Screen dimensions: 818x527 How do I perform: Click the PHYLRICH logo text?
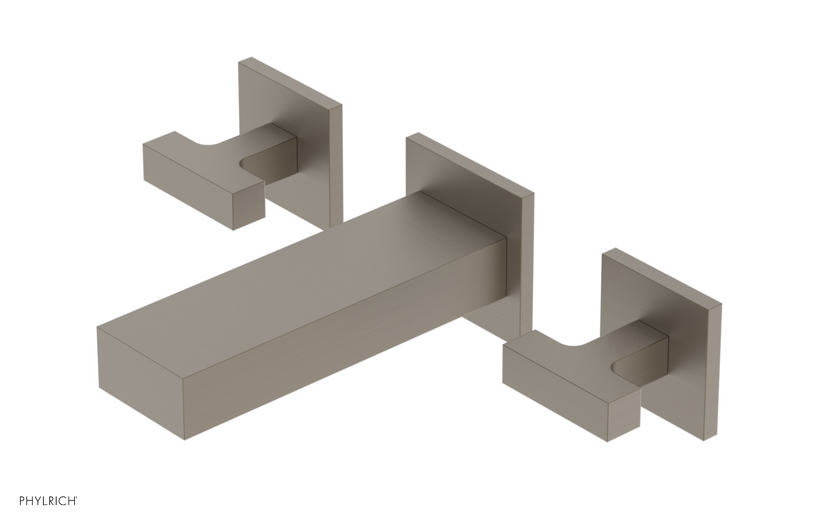coord(48,511)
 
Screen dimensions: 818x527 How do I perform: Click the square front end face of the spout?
coord(141,383)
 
